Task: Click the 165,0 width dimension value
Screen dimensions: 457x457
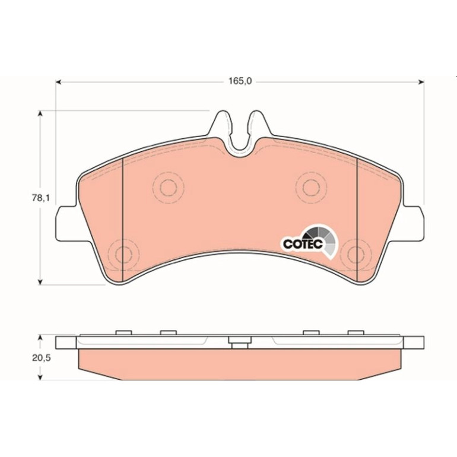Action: [240, 81]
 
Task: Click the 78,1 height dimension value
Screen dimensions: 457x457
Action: [41, 198]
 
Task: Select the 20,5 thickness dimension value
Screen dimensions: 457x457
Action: [42, 358]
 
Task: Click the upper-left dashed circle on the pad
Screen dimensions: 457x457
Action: [168, 188]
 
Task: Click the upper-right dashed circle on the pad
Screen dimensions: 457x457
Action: [311, 188]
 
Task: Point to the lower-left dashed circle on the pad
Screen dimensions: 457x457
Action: [123, 255]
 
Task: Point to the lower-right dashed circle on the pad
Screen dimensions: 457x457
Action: [356, 255]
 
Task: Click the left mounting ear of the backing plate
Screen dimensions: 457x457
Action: [66, 224]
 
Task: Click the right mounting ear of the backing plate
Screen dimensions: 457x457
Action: [413, 224]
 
